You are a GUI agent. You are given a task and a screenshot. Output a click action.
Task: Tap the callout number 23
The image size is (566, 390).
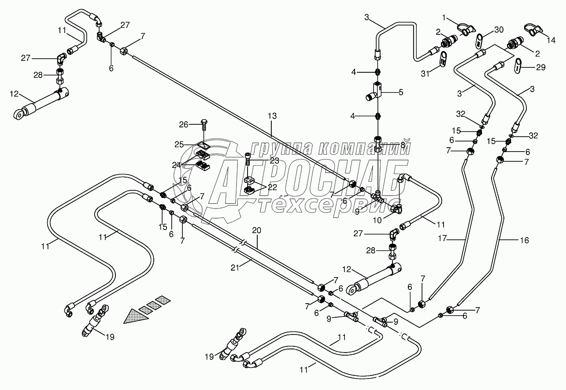[275, 161]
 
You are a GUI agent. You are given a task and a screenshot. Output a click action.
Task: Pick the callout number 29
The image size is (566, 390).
[541, 67]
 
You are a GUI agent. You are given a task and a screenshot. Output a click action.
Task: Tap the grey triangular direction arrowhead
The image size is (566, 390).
[134, 316]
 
